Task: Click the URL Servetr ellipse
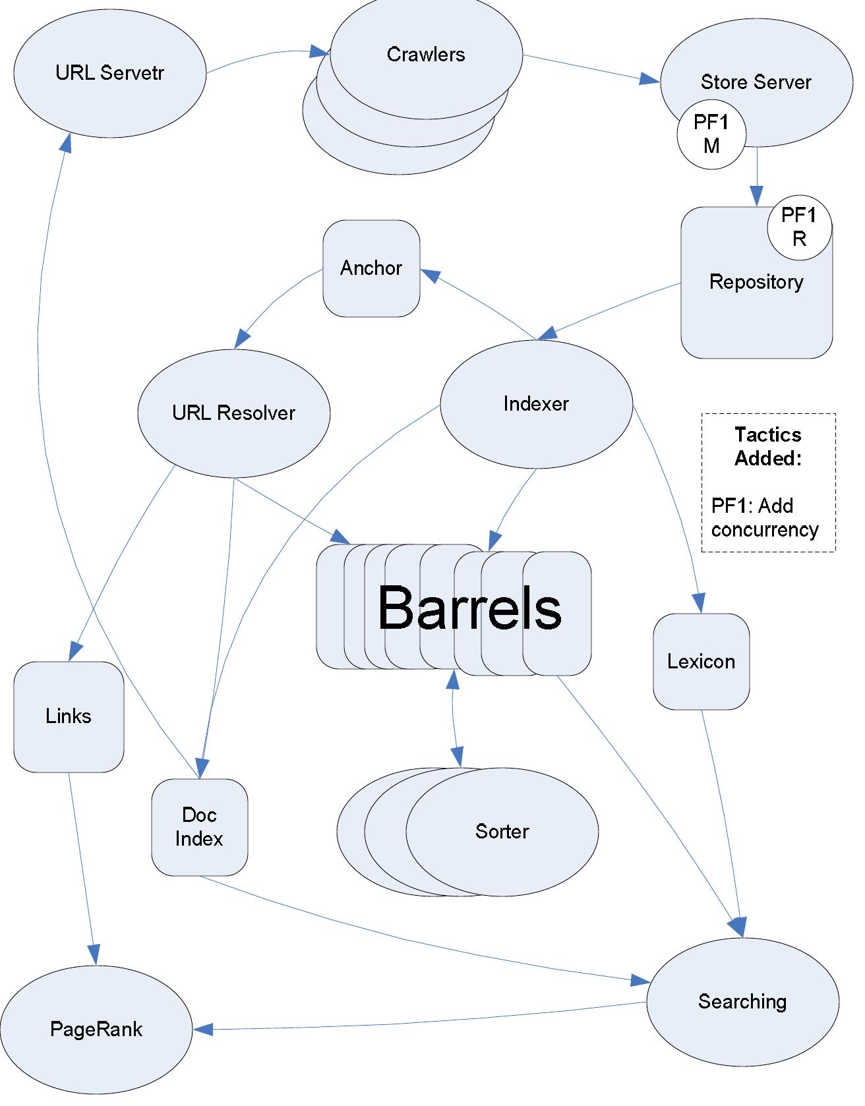point(109,73)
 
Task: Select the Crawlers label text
point(426,54)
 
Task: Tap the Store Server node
point(756,82)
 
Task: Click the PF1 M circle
point(711,134)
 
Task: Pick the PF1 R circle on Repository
point(799,227)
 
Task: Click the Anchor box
point(371,268)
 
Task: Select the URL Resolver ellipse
point(233,413)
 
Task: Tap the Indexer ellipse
point(536,403)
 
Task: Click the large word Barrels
point(469,608)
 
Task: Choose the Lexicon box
point(701,661)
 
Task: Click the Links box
point(69,716)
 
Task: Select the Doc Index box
point(199,827)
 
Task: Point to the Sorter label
point(502,831)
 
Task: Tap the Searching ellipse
point(742,1002)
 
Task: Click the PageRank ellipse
point(96,1030)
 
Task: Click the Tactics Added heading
point(768,446)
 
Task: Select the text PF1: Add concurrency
point(765,518)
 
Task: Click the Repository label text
point(756,282)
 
